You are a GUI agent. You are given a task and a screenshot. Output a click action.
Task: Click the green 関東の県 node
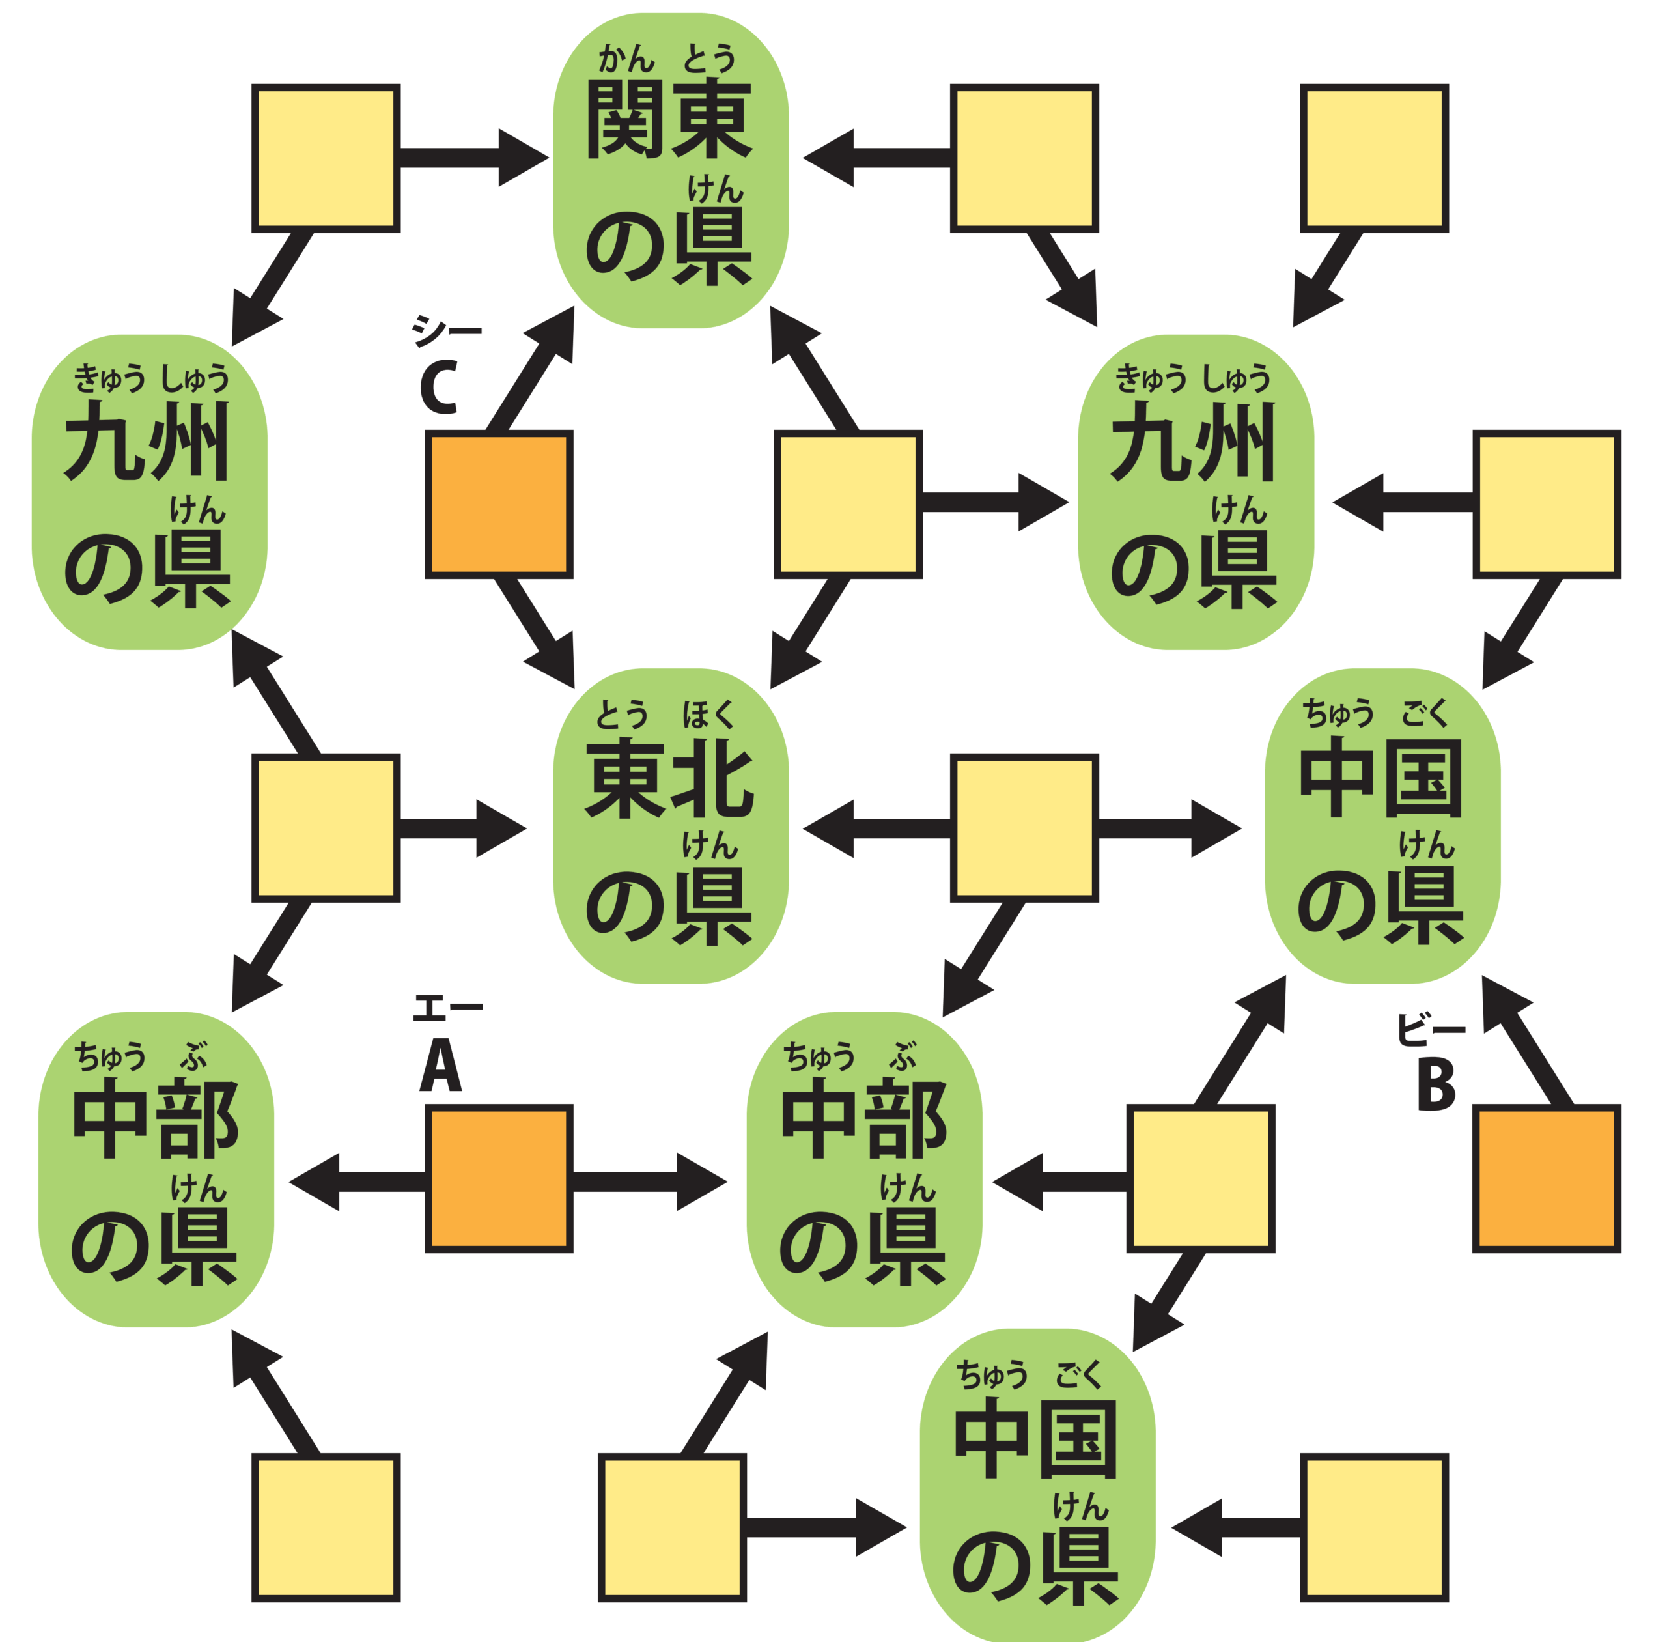coord(669,170)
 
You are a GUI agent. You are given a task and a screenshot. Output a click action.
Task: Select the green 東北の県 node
coord(669,825)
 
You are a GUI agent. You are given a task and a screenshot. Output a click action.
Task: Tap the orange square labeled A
coord(498,1178)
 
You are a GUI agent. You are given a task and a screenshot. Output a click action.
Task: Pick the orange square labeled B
coord(1547,1178)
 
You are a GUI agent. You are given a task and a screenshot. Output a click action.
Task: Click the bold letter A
coord(441,1066)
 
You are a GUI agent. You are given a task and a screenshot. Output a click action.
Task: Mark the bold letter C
coord(438,389)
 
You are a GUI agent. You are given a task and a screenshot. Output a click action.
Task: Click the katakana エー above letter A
coord(447,1007)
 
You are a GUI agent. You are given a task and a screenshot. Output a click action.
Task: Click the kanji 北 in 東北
coord(713,779)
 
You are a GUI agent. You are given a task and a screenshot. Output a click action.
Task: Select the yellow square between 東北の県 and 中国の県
coord(1024,828)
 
